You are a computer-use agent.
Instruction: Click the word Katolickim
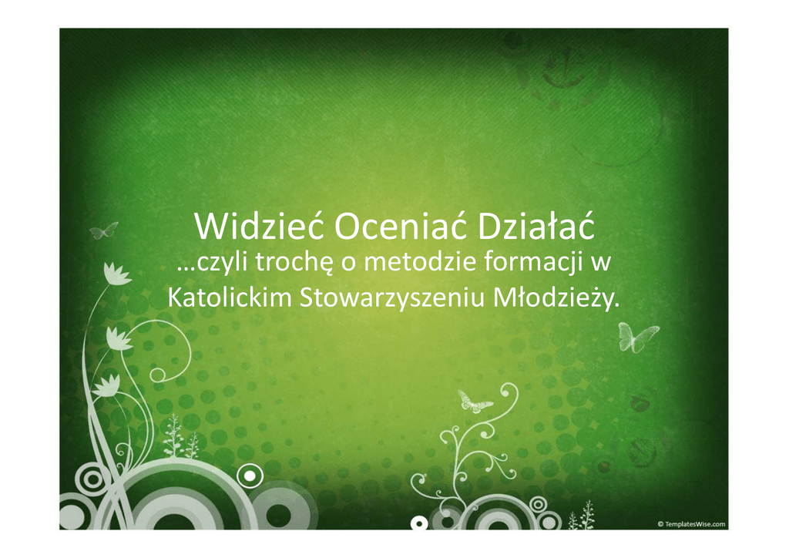coord(230,298)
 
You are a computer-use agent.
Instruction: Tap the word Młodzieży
coord(556,298)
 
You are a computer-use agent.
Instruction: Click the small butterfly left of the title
coord(104,231)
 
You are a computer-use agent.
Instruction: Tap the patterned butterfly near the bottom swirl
coord(474,401)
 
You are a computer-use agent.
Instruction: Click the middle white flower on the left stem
coord(119,338)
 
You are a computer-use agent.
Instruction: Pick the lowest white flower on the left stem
coord(107,385)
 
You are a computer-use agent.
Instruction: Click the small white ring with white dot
coord(250,475)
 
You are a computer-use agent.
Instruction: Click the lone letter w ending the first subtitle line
coord(600,264)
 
